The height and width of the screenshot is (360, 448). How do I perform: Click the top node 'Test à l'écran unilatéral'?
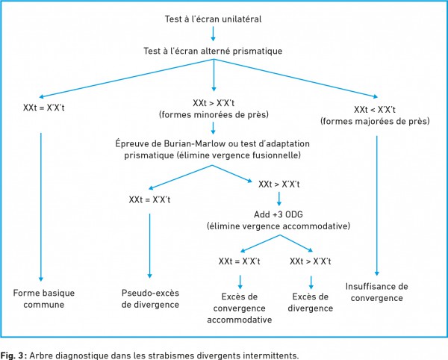pos(213,19)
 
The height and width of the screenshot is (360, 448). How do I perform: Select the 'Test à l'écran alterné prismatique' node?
pos(213,51)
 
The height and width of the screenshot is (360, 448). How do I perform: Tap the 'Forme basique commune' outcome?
pos(44,299)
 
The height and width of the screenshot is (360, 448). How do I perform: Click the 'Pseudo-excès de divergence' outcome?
pos(150,299)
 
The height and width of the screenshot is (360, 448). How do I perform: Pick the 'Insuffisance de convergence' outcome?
pos(377,292)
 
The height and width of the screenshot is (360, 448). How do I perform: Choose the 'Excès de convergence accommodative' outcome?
pos(240,308)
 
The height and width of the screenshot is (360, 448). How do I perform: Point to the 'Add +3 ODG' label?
pos(279,214)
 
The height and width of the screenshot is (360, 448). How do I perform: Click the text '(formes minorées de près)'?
pos(214,114)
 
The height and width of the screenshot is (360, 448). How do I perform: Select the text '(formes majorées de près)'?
pos(375,121)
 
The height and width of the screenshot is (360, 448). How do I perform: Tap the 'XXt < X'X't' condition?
pos(375,110)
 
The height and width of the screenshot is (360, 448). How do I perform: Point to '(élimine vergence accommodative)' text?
pos(279,226)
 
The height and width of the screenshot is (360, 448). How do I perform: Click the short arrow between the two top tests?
pos(213,34)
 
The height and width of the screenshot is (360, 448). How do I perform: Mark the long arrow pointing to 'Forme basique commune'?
pos(41,207)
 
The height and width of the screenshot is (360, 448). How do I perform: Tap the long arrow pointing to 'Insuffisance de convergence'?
pos(376,205)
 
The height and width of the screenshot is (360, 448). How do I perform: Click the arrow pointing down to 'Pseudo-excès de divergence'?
pos(149,246)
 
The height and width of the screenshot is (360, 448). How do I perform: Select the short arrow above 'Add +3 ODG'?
pos(279,199)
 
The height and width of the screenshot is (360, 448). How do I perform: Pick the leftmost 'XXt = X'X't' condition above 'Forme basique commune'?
pos(44,108)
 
